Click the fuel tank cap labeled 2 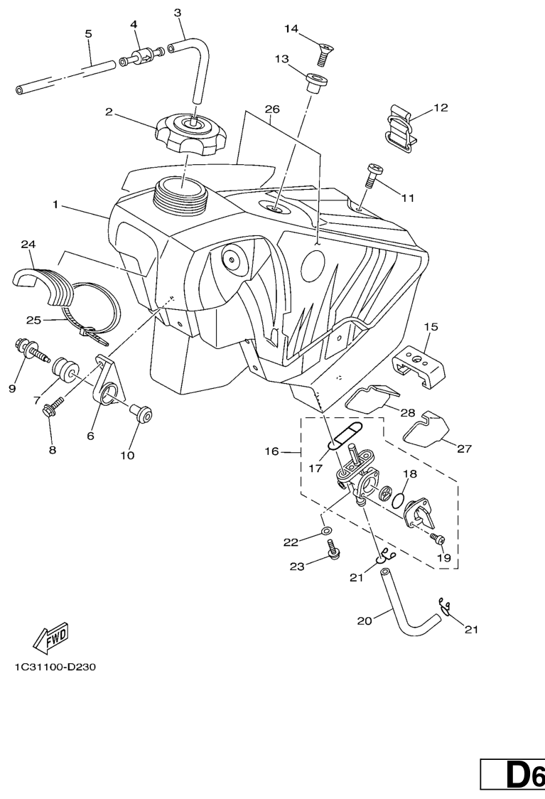click(x=189, y=132)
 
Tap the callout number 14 click(x=292, y=28)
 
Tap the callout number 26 click(x=271, y=109)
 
